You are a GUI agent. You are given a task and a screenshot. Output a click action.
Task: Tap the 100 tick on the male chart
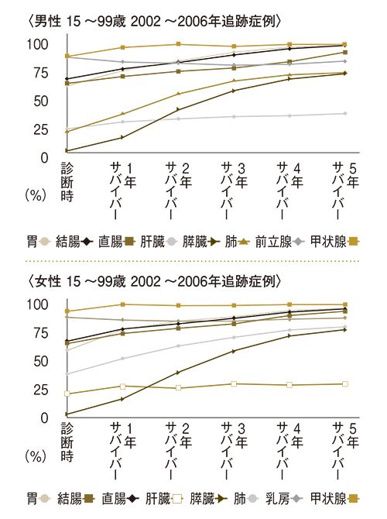36,44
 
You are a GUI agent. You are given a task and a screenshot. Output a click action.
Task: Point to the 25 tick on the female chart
40,390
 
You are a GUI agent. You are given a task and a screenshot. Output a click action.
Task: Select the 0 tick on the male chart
45,157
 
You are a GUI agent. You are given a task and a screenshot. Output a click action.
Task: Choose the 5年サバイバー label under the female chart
345,457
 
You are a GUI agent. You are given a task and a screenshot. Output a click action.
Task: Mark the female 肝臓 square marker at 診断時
67,394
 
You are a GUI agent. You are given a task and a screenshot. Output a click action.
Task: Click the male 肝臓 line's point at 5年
344,114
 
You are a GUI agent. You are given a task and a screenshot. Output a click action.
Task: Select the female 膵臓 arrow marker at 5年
344,330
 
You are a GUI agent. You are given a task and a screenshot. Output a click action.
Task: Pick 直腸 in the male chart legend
115,242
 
